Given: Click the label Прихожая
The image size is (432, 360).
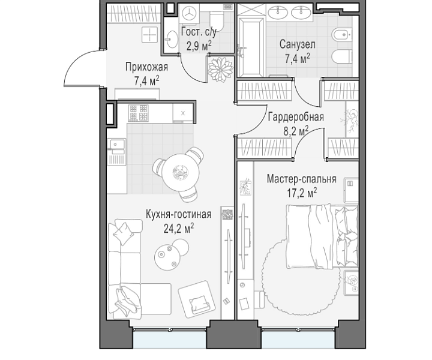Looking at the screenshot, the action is coord(146,67).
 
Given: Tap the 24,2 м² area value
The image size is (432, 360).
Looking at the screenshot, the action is coord(179,228).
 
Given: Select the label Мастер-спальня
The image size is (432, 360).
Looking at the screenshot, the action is coord(301,179).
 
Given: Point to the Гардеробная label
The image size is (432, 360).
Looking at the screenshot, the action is coord(296,117).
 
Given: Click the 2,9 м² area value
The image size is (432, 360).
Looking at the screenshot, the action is coord(199,46).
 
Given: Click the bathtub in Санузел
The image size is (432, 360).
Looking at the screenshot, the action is coord(251,47).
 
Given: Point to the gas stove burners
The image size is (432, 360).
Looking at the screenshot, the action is coord(139,113).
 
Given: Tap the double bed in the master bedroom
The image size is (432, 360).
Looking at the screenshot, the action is coord(322,236).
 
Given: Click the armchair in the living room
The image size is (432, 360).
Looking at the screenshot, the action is coord(197,299).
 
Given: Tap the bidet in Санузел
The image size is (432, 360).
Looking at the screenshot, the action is coord(341,35).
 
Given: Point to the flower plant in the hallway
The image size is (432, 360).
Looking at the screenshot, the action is coord(220,68).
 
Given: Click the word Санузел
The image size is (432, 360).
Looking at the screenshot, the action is coord(297,44).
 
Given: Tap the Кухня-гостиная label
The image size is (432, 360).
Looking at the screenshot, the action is coord(179,214).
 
